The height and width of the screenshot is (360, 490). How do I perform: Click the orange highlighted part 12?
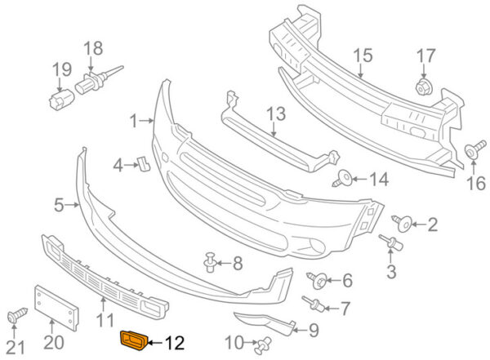coord(135,340)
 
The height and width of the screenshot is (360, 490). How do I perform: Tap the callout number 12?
coord(175,343)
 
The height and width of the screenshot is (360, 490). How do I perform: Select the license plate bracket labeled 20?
coord(56,308)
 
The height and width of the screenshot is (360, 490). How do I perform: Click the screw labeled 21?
coord(17,315)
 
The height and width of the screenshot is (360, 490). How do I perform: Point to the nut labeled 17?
coord(423,87)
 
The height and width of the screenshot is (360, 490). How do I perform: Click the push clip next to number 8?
coord(211,262)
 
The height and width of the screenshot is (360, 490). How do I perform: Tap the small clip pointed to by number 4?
coord(144,164)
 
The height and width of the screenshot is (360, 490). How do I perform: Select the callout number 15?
coord(363,55)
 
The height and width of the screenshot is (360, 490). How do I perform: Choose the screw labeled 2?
coord(402,223)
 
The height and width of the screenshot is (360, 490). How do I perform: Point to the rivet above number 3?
coord(391,242)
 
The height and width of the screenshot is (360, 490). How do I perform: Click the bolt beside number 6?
coord(317,279)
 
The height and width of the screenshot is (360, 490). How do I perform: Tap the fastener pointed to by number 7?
coord(313,304)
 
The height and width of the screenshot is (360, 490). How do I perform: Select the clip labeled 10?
coord(262,345)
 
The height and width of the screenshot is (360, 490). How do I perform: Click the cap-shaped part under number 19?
coord(61,99)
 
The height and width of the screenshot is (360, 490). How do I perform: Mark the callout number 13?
coord(276,113)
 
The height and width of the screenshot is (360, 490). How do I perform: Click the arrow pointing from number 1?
coord(146,120)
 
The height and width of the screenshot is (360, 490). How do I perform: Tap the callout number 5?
coord(59,206)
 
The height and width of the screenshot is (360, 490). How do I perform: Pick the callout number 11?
coord(105,320)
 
